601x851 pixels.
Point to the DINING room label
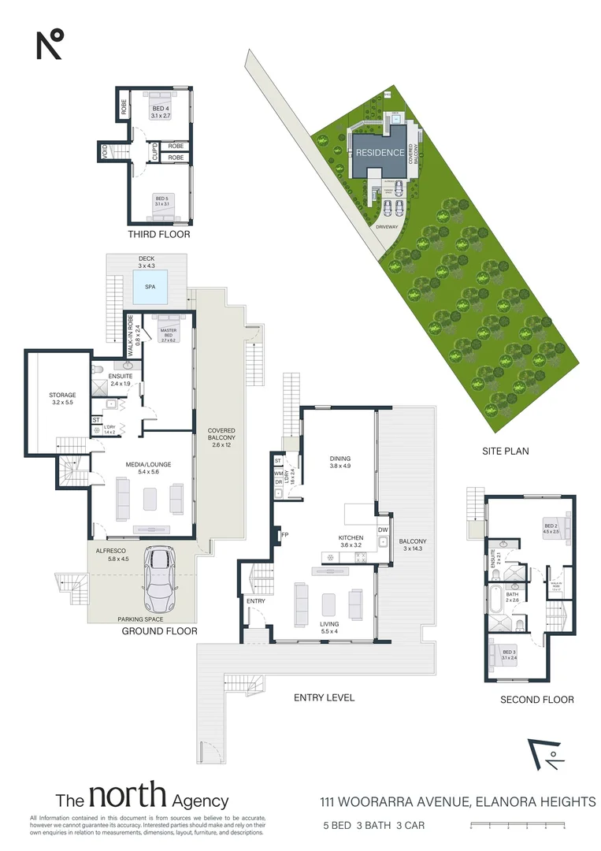pyautogui.click(x=339, y=459)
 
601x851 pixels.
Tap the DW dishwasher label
pyautogui.click(x=382, y=530)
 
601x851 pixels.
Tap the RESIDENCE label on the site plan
pyautogui.click(x=380, y=153)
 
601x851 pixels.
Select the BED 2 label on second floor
pyautogui.click(x=550, y=526)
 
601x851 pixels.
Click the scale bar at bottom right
pyautogui.click(x=517, y=826)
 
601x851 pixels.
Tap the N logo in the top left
pyautogui.click(x=49, y=44)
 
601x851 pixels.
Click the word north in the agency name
pyautogui.click(x=127, y=799)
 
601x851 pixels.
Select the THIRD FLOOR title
pyautogui.click(x=159, y=235)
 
